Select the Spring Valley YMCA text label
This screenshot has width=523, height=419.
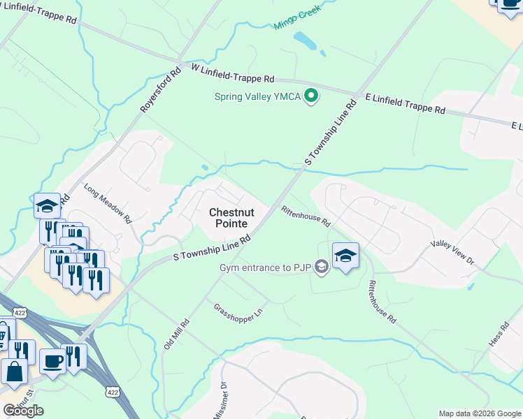click(257, 97)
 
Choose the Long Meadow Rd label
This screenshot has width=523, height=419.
click(108, 203)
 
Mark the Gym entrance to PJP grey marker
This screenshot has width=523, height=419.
click(321, 266)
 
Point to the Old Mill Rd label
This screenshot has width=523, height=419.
click(176, 334)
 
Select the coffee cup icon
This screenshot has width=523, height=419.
click(52, 360)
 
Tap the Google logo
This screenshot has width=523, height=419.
click(23, 411)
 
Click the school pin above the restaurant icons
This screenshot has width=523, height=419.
click(47, 205)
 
